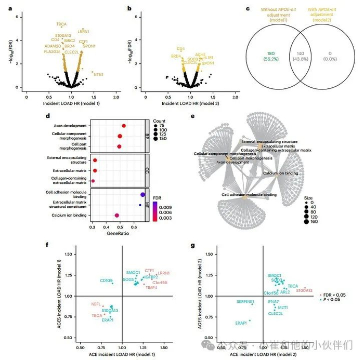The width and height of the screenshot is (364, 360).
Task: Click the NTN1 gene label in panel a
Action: point(98,75)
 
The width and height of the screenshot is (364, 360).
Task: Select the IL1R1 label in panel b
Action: point(208,58)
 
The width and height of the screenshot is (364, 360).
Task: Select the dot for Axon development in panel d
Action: point(124,126)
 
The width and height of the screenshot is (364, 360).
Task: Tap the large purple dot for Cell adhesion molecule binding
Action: point(142,195)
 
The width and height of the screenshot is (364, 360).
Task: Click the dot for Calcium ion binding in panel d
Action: point(117,215)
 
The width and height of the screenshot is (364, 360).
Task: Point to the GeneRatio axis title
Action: point(118,234)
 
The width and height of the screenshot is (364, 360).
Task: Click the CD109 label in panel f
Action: point(107,281)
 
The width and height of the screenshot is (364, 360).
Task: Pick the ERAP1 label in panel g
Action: point(241,323)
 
